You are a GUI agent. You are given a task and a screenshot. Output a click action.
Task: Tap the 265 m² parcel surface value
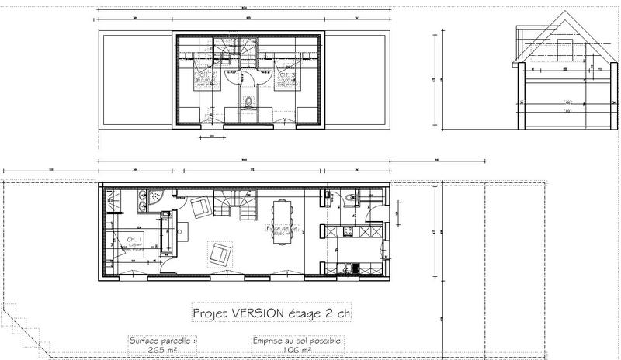164,350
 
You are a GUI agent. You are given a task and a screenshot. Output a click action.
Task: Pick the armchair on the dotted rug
219,251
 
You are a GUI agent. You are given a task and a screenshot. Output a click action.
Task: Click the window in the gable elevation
565,48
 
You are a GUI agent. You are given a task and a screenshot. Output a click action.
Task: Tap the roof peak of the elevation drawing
560,17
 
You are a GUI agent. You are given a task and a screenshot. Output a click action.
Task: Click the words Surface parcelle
164,340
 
